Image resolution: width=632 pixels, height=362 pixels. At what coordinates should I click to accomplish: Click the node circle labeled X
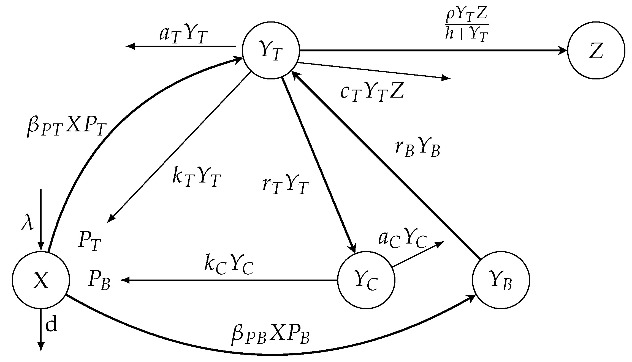pos(41,280)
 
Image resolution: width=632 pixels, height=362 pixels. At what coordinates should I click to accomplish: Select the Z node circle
pos(596,51)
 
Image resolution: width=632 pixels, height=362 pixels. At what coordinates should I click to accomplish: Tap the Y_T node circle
pos(270,51)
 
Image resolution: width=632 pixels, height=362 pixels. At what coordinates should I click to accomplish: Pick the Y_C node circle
pos(366,280)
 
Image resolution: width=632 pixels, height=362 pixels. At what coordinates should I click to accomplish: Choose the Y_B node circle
pos(501,280)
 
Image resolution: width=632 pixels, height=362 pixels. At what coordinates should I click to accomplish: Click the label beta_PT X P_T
pos(66,127)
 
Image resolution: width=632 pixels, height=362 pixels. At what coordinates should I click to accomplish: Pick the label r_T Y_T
pos(285,184)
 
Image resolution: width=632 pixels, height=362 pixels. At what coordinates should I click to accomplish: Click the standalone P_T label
pos(89,241)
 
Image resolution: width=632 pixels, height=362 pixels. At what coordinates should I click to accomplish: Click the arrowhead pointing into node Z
pos(562,51)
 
